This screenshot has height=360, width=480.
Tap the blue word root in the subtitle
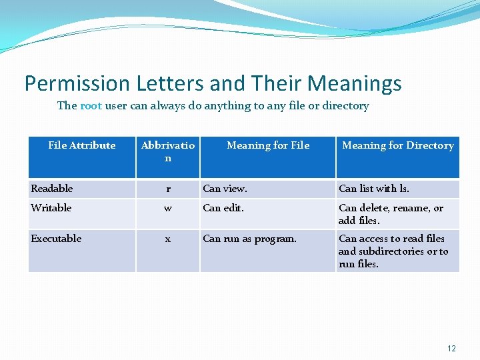[91, 105]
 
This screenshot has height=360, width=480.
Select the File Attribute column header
[82, 145]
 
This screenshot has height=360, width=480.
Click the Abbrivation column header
[168, 151]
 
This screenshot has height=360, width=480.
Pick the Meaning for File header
[268, 145]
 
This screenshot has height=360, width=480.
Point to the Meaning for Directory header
[397, 145]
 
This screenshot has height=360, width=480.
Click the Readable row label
[52, 189]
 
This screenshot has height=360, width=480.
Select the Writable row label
[51, 208]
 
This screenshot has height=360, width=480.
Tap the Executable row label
[56, 239]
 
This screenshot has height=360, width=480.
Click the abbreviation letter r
[168, 189]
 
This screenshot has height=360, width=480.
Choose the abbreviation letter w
[168, 208]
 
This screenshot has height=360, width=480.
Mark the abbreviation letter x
[168, 239]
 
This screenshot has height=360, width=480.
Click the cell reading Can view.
[225, 189]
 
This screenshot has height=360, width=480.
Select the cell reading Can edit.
[223, 208]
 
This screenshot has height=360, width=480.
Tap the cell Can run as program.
[250, 239]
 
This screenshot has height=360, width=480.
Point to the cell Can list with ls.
[374, 189]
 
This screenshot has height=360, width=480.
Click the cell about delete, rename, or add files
[391, 214]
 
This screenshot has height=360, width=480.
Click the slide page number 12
[452, 348]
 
